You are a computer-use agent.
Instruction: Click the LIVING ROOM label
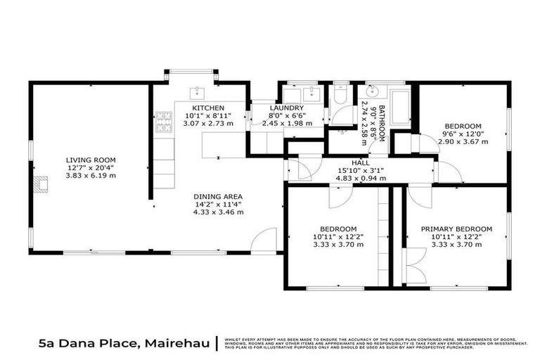91,160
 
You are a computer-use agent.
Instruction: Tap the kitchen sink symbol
197,91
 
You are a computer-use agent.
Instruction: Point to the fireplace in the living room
41,185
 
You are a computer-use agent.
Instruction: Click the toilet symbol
340,94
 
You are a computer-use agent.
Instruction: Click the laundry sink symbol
311,93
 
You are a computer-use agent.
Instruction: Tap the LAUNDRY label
288,108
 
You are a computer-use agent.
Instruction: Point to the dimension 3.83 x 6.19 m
91,175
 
